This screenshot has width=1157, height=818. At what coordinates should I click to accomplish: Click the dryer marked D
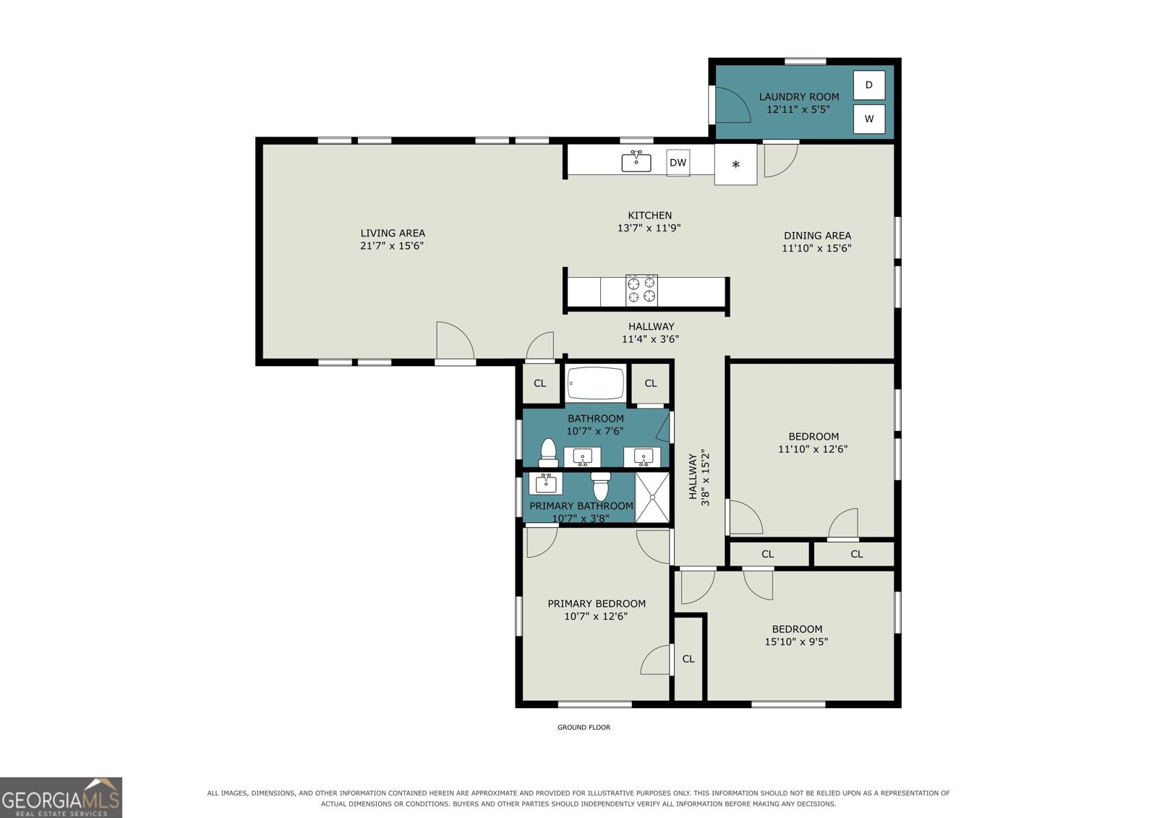[868, 85]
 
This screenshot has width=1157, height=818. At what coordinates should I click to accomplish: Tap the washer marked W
[868, 119]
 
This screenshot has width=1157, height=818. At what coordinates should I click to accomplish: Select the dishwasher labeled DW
[678, 163]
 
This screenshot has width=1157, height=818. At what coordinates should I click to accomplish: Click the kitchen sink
[636, 162]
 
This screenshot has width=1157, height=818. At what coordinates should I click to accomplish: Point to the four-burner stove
[641, 291]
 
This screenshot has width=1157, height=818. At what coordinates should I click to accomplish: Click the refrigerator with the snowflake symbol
[735, 164]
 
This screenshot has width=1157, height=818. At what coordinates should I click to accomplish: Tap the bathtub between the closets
[596, 383]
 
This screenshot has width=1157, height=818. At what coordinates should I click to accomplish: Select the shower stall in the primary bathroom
[652, 497]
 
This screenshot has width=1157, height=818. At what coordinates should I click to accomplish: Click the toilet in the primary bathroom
[601, 486]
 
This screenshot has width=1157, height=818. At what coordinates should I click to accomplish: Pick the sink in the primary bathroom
[545, 484]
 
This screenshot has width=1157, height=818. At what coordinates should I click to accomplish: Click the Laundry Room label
[798, 97]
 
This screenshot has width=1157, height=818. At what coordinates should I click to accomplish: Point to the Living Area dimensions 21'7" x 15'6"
[392, 246]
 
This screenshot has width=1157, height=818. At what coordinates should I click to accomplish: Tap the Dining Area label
[817, 236]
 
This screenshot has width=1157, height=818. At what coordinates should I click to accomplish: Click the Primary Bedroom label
[597, 603]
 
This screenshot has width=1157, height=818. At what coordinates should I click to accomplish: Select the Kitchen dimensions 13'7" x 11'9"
[649, 228]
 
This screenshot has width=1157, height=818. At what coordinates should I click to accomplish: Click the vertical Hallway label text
[693, 477]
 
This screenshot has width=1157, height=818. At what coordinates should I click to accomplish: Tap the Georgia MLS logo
[61, 797]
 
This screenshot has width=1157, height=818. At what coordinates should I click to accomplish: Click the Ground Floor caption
[584, 727]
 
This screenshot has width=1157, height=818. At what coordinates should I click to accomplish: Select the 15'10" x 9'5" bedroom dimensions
[796, 642]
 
